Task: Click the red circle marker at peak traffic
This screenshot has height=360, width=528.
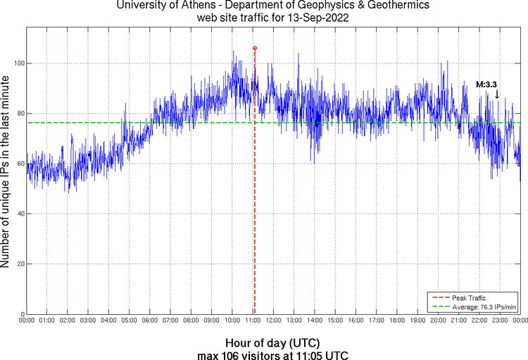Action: tap(255, 48)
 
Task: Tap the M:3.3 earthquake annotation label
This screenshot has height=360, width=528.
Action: tap(486, 85)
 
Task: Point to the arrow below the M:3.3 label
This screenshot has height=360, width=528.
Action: tap(497, 94)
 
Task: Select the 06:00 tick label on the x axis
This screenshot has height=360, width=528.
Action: tap(150, 321)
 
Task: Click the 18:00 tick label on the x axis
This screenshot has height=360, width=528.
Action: tap(397, 321)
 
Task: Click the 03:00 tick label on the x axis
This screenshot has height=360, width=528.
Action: tap(88, 321)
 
